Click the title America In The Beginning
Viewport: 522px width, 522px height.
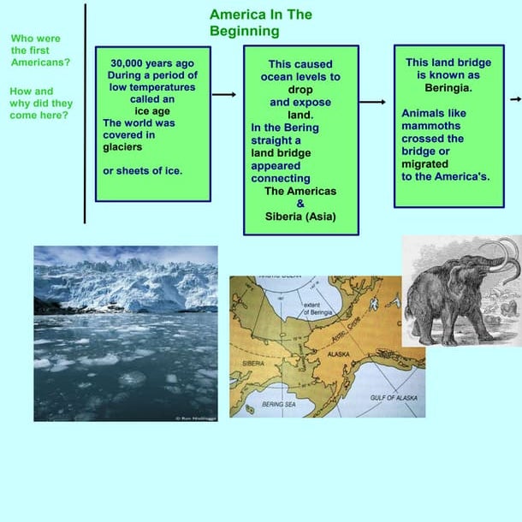pos(260,23)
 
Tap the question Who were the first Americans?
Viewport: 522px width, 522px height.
pos(40,50)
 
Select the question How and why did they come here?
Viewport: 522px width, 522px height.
pos(40,103)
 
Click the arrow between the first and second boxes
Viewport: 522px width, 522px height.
pos(223,94)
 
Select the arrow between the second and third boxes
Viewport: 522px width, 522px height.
pos(372,102)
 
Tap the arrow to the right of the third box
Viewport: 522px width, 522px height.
pos(516,98)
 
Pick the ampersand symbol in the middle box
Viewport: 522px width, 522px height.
pos(300,204)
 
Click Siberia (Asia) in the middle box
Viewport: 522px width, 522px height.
pos(300,217)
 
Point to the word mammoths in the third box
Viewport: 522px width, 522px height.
pos(432,125)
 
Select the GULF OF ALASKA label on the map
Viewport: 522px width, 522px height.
pos(394,398)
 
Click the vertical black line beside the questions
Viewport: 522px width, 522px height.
pos(85,111)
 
